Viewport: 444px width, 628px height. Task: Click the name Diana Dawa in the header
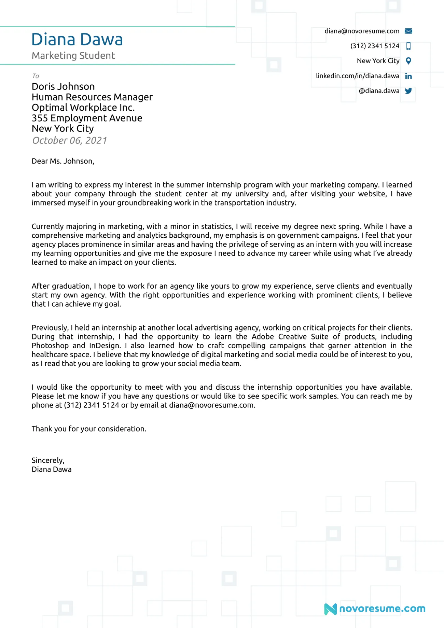click(77, 40)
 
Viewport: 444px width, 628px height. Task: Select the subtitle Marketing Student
click(73, 56)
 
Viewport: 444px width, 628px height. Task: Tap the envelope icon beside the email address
click(408, 31)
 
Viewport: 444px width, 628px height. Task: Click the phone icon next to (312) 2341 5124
click(408, 46)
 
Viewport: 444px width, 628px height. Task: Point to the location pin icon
click(408, 61)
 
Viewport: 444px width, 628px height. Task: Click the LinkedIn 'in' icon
click(408, 76)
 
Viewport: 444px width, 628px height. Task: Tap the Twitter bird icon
click(408, 91)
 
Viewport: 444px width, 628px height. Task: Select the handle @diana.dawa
click(379, 91)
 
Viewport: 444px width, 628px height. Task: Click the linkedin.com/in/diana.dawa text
click(357, 76)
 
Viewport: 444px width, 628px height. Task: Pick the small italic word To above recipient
click(36, 76)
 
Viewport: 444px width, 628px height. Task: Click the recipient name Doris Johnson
click(63, 86)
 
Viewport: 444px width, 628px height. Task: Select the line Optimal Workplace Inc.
click(83, 108)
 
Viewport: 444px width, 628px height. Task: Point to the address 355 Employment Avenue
click(87, 118)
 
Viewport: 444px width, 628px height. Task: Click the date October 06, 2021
click(69, 140)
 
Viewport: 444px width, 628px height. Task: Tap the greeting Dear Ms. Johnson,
click(63, 161)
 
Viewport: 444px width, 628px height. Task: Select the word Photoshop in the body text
click(50, 346)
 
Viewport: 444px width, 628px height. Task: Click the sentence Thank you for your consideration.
click(89, 429)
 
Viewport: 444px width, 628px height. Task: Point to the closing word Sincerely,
click(48, 460)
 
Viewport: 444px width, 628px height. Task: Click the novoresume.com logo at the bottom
click(375, 609)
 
